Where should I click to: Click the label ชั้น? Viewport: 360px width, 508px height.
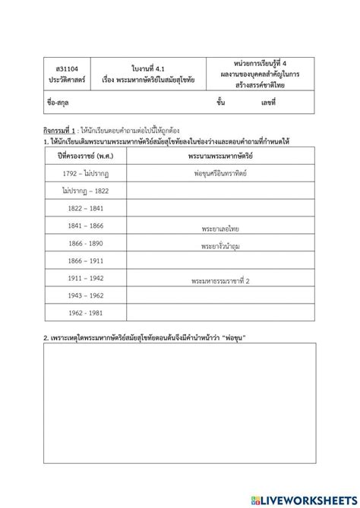[x=220, y=101]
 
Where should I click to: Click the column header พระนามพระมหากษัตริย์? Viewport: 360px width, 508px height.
[x=220, y=156]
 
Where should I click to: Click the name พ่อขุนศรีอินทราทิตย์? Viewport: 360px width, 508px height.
[x=220, y=173]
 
